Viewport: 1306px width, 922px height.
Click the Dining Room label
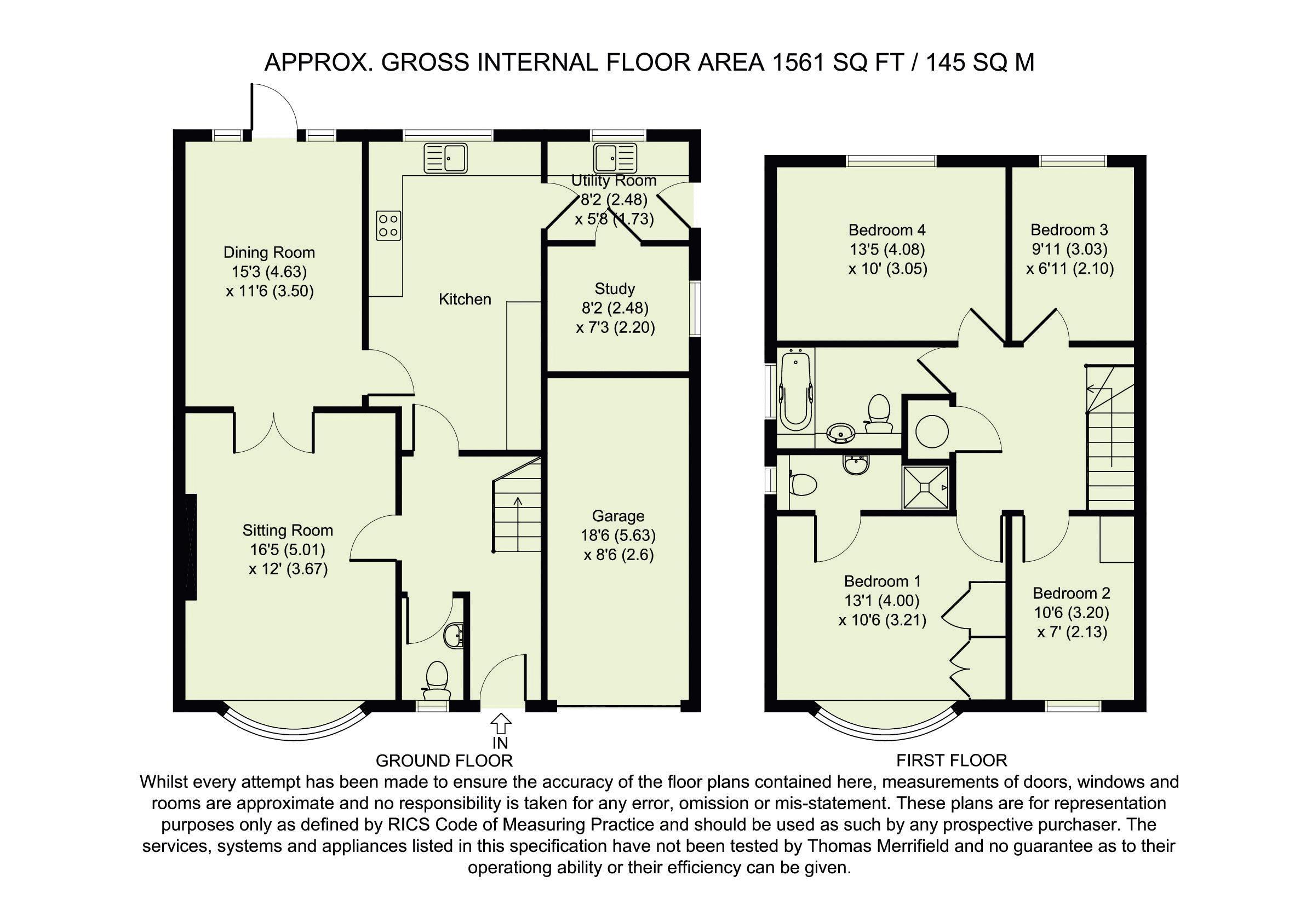pos(269,252)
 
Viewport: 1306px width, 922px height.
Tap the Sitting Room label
pos(287,531)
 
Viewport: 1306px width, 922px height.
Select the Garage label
pos(618,516)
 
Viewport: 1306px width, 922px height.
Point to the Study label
pos(614,289)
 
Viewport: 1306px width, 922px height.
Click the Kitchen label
pos(465,299)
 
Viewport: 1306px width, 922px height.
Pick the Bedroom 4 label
pos(887,230)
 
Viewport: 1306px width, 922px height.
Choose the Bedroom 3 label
pos(1069,230)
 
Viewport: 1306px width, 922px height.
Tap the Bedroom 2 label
pos(1071,593)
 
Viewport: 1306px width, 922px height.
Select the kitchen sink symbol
pos(446,158)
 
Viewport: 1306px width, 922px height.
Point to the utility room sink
pos(614,158)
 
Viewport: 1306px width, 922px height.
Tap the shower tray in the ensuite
pos(925,487)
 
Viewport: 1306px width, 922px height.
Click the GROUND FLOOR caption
pos(444,760)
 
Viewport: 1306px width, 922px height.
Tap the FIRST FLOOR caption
pos(952,760)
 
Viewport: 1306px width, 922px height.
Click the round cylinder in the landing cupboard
pos(932,431)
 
